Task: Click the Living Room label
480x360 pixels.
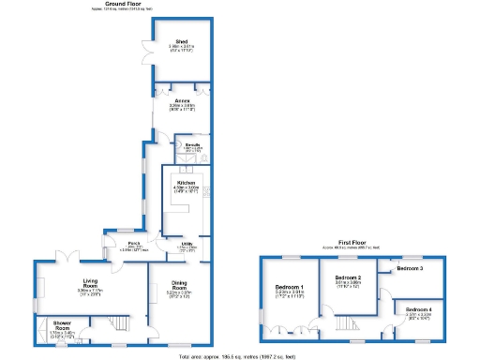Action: [90, 287]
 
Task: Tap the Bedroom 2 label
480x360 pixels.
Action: [348, 278]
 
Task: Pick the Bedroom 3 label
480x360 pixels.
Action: [409, 269]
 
